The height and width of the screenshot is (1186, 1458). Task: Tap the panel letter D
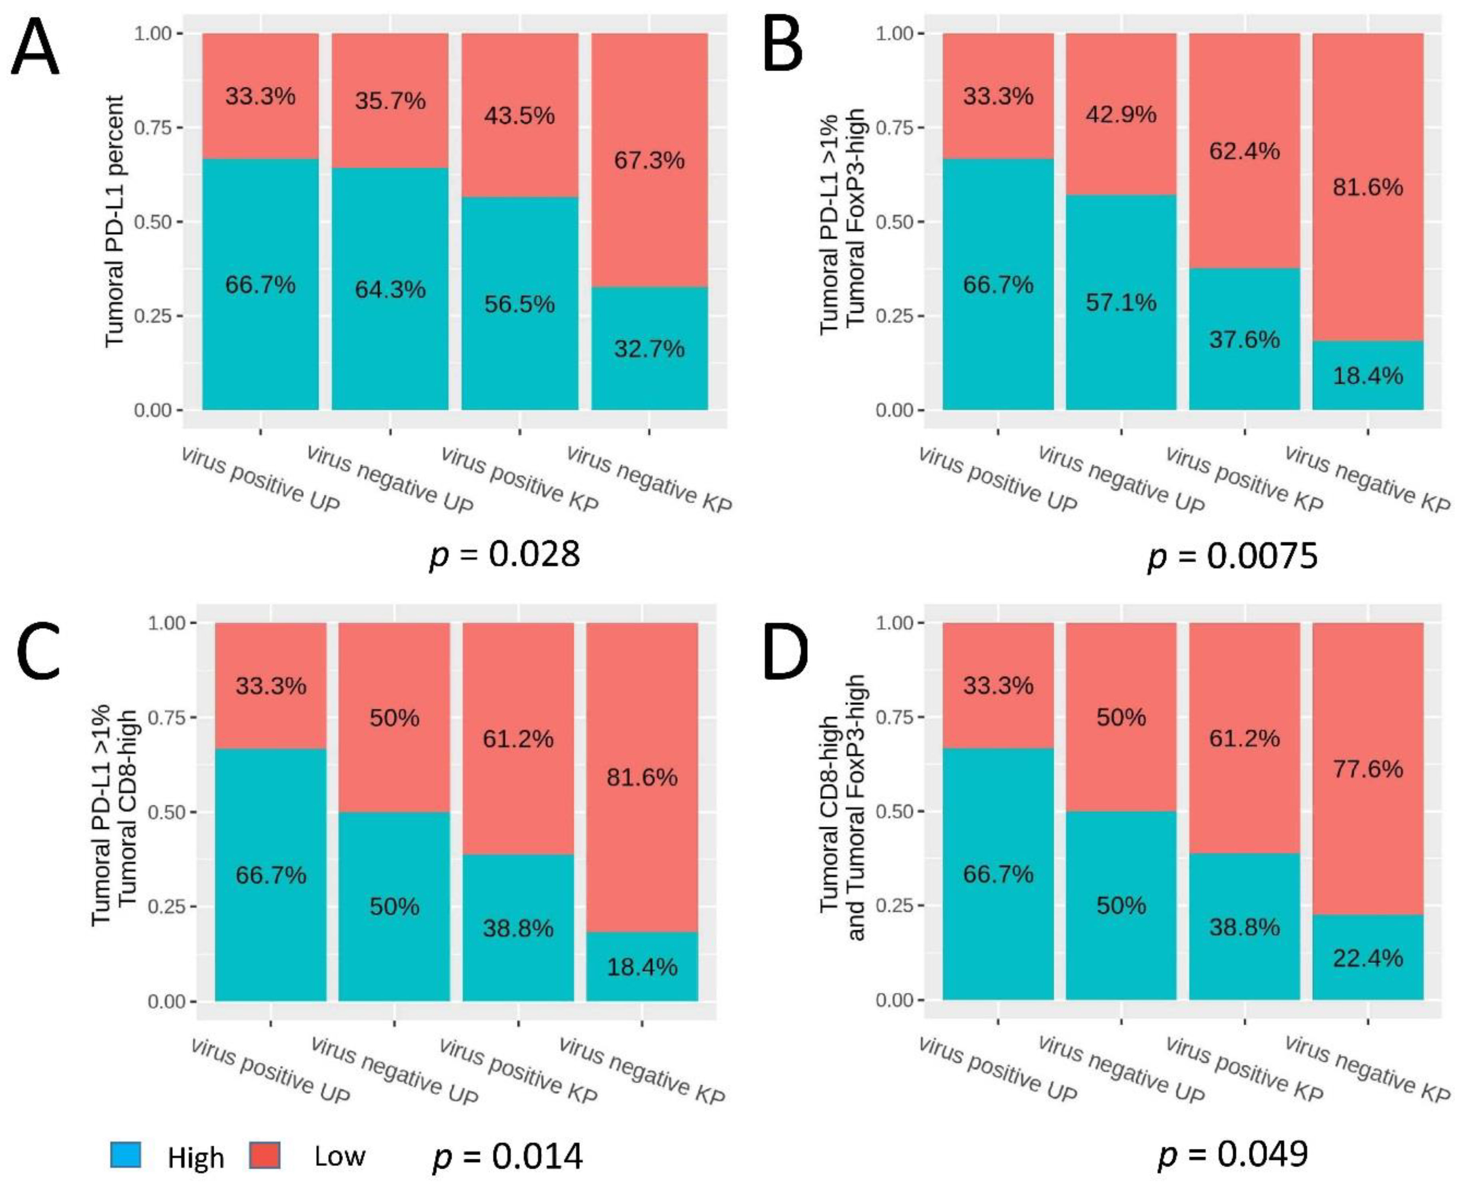click(x=785, y=652)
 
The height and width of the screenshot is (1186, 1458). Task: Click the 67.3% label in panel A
click(x=649, y=160)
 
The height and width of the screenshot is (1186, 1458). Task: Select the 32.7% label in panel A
click(x=649, y=349)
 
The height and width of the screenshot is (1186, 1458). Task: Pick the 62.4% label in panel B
click(x=1244, y=150)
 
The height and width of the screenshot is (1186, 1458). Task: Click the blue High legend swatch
click(x=126, y=1154)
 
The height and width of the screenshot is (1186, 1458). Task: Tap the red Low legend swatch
click(x=265, y=1154)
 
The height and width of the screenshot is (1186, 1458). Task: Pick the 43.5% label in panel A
click(x=520, y=116)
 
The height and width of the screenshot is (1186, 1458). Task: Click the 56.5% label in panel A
click(x=520, y=304)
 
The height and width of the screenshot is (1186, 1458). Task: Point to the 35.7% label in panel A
click(x=390, y=101)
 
